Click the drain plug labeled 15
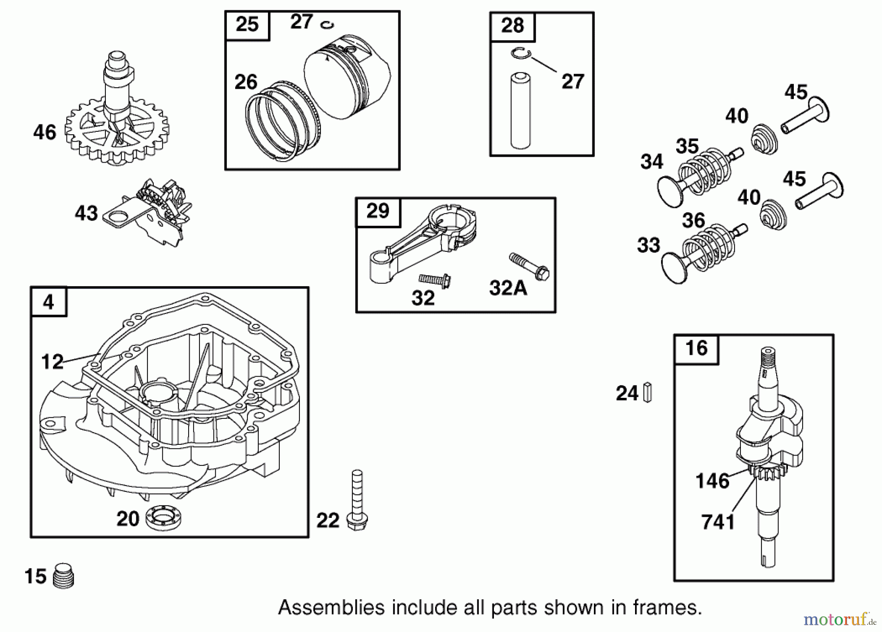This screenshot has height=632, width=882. coord(63,576)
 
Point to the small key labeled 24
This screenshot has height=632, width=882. coord(647,393)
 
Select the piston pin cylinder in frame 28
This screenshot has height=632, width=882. coord(520,111)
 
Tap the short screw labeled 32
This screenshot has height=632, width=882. coord(435,281)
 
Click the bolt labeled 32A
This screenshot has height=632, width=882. coord(530,266)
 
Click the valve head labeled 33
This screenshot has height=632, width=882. coord(674,267)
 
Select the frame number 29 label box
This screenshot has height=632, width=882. coord(378,212)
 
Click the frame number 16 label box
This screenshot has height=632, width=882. coord(696,349)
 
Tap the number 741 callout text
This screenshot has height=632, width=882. coord(718,522)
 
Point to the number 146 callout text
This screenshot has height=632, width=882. coord(712,481)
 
